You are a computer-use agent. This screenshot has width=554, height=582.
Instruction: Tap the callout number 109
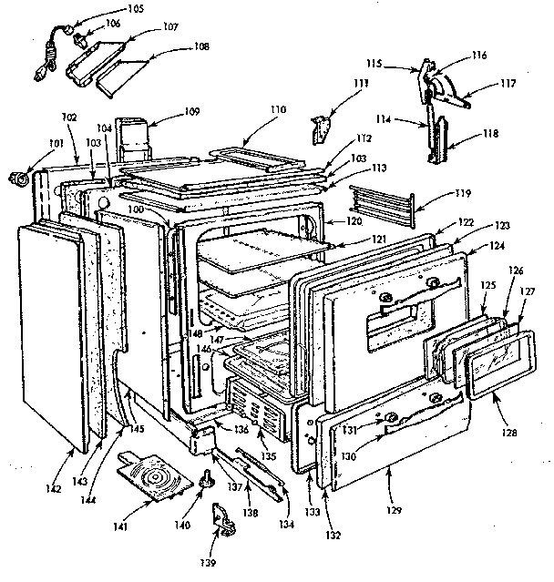(x=190, y=112)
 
